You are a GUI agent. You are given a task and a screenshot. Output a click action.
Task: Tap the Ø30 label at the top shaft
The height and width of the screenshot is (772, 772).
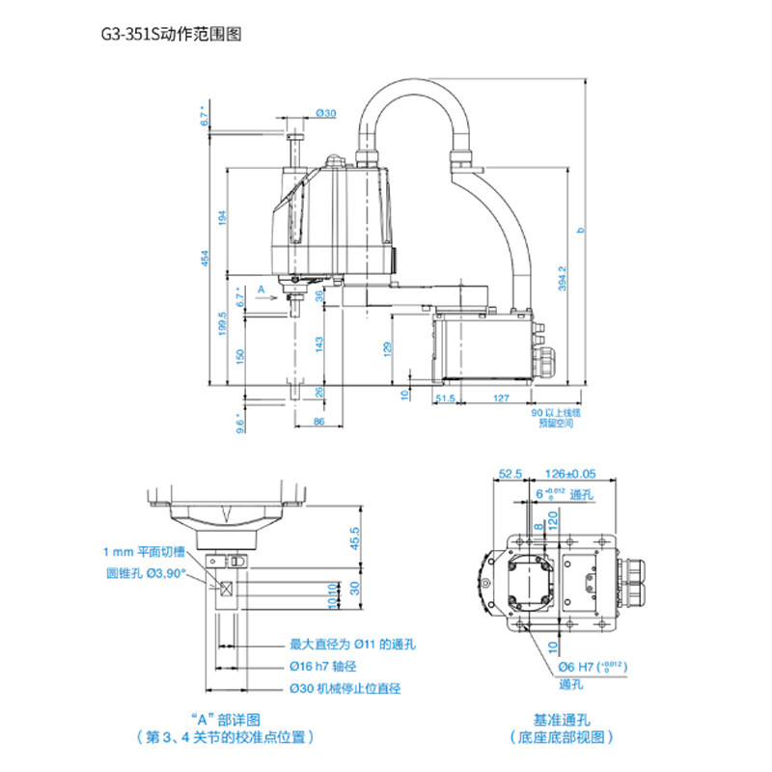pyautogui.click(x=325, y=114)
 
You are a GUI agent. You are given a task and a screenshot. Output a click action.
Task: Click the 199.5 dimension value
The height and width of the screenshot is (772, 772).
pyautogui.click(x=223, y=323)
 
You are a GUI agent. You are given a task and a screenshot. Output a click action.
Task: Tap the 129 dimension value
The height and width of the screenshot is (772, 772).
pyautogui.click(x=387, y=347)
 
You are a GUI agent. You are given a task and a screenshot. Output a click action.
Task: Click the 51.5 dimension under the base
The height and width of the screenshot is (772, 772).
pyautogui.click(x=445, y=397)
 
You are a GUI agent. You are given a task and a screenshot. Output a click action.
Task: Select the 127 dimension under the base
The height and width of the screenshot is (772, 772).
pyautogui.click(x=500, y=397)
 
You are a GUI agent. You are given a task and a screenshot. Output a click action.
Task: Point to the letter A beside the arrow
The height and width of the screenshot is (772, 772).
pyautogui.click(x=260, y=289)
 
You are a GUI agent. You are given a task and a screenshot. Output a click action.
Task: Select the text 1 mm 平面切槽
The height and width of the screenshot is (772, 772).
pyautogui.click(x=146, y=552)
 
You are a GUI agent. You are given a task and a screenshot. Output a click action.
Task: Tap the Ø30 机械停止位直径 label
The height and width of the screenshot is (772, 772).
pyautogui.click(x=345, y=688)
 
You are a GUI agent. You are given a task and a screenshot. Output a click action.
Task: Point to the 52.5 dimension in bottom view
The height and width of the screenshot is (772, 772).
pyautogui.click(x=510, y=473)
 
